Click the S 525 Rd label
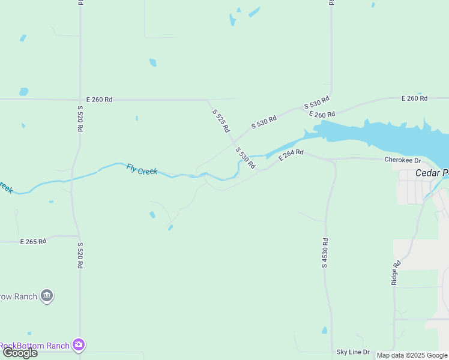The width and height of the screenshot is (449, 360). point(221,120)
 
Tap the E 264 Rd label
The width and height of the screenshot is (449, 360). point(291,155)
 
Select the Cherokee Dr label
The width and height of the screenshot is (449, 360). point(403,160)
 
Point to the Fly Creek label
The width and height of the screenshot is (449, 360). point(142,170)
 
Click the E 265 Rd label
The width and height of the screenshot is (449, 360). point(33,242)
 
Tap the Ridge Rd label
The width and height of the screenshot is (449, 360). point(396,272)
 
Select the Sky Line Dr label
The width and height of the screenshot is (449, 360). point(353,352)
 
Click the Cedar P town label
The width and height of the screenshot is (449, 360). point(432,173)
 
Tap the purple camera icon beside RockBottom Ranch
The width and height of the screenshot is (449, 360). point(79,345)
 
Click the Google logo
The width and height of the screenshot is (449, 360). point(19,353)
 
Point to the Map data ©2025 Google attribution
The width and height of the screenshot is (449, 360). point(412,355)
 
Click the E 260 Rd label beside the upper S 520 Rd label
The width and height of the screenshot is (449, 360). point(99,100)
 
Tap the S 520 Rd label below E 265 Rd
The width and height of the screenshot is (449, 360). point(80,256)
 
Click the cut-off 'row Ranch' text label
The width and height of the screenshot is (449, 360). point(18,296)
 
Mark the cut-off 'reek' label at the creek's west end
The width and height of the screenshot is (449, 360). point(5,188)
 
